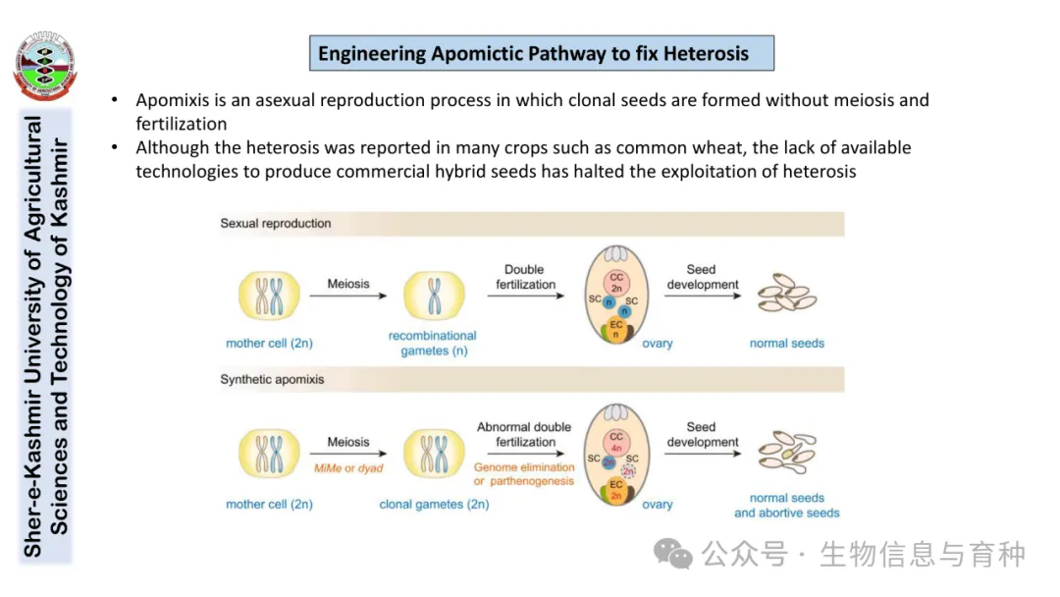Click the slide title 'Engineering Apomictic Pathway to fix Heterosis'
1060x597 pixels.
pyautogui.click(x=541, y=53)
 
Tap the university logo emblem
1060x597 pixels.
pyautogui.click(x=44, y=67)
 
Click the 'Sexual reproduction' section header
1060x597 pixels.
pyautogui.click(x=276, y=224)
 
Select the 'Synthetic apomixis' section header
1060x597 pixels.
pyautogui.click(x=272, y=379)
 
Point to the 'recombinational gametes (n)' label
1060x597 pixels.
pyautogui.click(x=433, y=344)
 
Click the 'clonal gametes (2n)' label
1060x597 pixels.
pyautogui.click(x=434, y=504)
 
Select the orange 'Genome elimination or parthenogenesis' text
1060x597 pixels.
pyautogui.click(x=524, y=474)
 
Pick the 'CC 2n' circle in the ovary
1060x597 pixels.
pyautogui.click(x=616, y=283)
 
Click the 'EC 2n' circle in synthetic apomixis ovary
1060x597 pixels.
pyautogui.click(x=616, y=490)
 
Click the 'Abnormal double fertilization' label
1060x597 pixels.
pyautogui.click(x=524, y=434)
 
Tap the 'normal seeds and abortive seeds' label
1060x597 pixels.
pyautogui.click(x=787, y=505)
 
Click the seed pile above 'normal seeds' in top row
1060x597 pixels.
pyautogui.click(x=787, y=293)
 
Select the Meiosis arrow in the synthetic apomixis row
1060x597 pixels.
pyautogui.click(x=348, y=455)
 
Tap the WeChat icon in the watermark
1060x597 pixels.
pyautogui.click(x=673, y=554)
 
